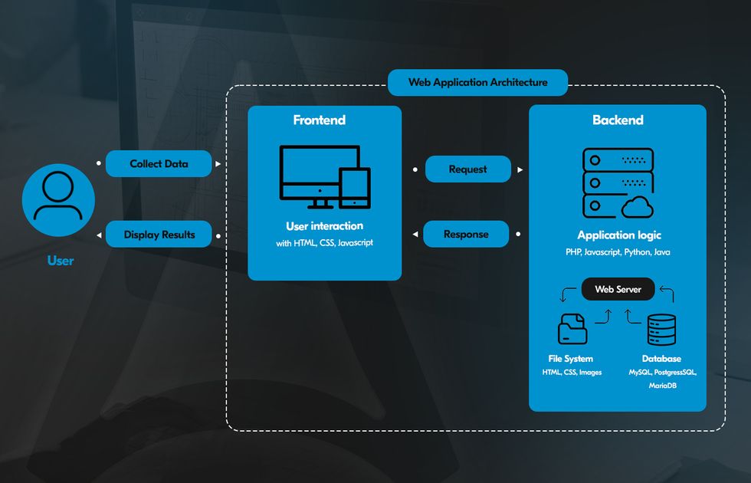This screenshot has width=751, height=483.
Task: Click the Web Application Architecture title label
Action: coord(477,82)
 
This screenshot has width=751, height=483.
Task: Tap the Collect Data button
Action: coord(159,163)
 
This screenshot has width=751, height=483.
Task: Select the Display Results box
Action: coord(159,235)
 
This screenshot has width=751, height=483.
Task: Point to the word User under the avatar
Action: coord(60,261)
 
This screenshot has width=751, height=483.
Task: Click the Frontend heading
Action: coord(319,120)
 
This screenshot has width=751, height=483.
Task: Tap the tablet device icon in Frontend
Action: coord(355,187)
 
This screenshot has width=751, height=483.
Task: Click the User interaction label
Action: coord(324,226)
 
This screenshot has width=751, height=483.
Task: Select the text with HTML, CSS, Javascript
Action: coord(324,243)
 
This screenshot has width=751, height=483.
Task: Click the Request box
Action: coord(467,169)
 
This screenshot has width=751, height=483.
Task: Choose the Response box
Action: coord(465,234)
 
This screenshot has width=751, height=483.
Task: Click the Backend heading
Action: coord(618,120)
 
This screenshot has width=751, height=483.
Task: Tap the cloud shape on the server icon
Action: coord(638,207)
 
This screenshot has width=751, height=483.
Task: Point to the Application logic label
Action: coord(618,235)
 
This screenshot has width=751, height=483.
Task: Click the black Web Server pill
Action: coord(618,289)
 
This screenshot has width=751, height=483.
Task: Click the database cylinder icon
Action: coord(661,330)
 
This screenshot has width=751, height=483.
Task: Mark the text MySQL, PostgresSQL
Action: coord(661,372)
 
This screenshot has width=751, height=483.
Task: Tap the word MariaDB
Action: coord(661,386)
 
